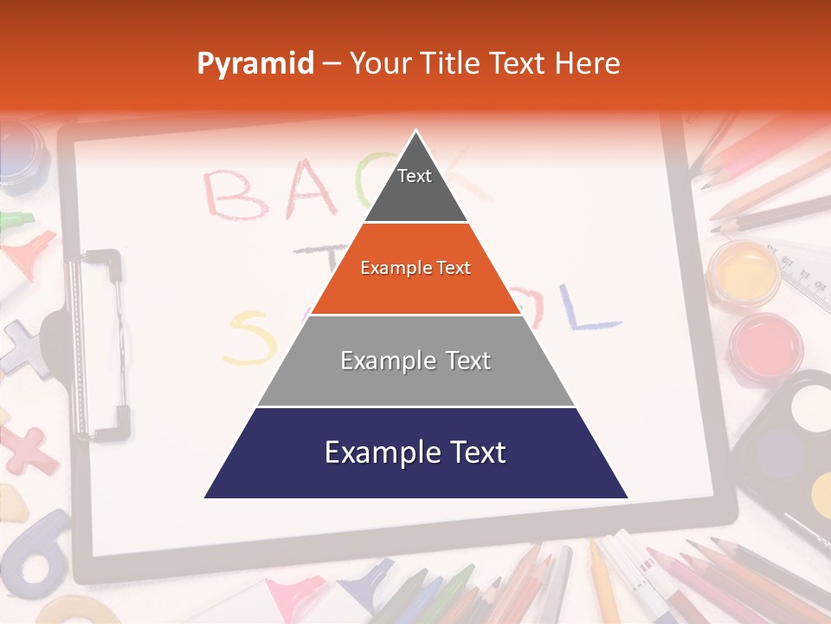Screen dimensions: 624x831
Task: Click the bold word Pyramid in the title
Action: [x=255, y=64]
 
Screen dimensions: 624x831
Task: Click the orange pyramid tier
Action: [x=415, y=269]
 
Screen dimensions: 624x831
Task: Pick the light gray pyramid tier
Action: [x=415, y=361]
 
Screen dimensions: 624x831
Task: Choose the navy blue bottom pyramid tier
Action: [x=415, y=453]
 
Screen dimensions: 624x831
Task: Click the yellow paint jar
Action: [x=744, y=271]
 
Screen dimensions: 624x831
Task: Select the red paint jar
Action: [x=765, y=347]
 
